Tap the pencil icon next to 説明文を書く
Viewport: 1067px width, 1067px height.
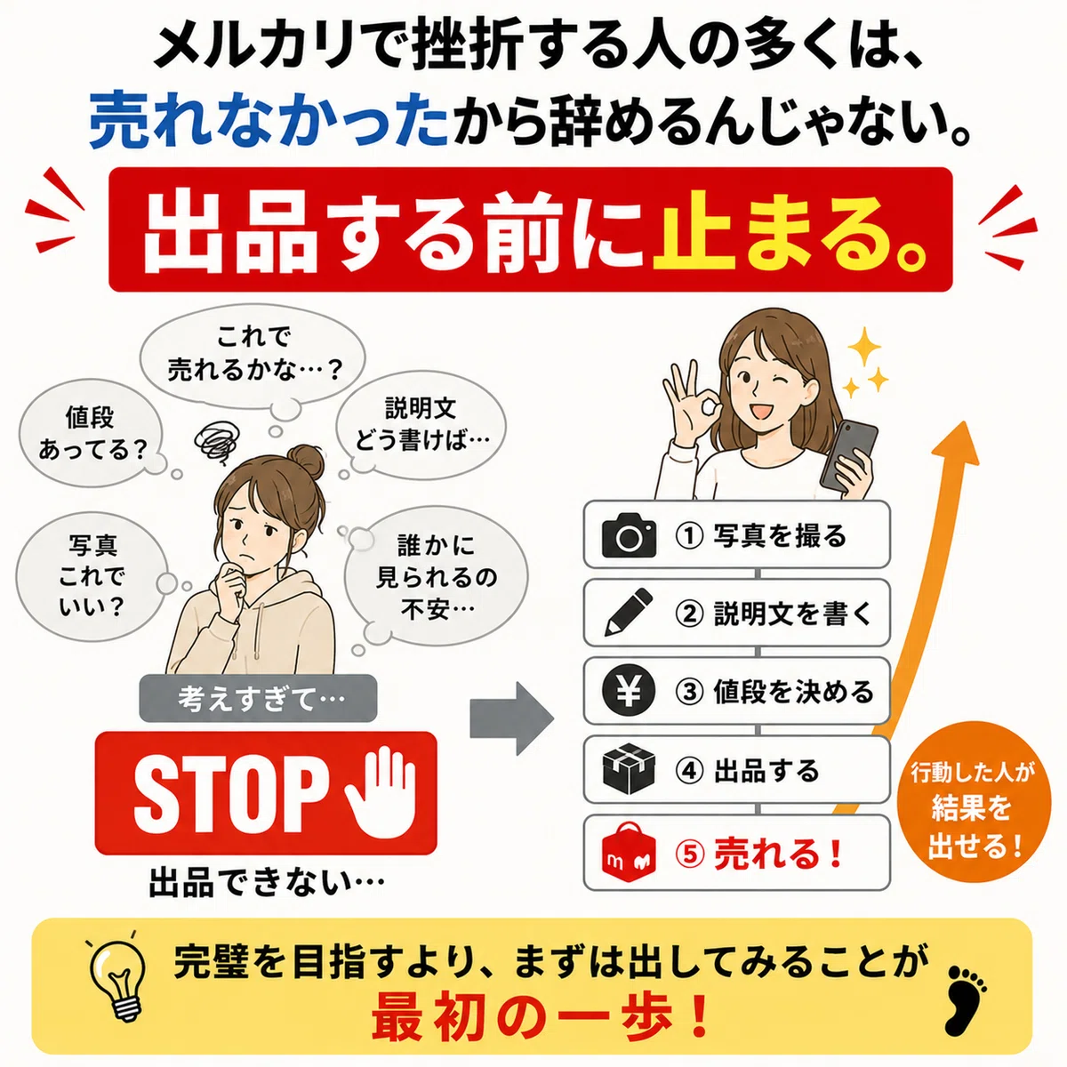pos(629,613)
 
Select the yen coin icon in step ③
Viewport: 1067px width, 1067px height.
pos(629,691)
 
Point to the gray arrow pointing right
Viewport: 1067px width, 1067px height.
pos(511,718)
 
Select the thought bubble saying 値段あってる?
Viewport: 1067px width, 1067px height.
pos(92,432)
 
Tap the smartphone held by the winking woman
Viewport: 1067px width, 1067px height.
pos(849,456)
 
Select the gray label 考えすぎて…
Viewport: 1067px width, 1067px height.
pos(258,698)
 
